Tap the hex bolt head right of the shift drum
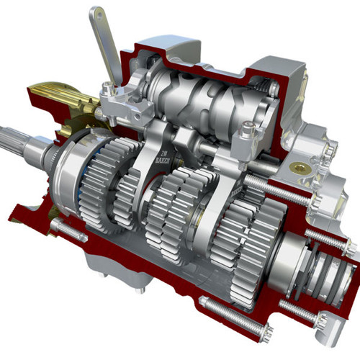pos(248,130)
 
